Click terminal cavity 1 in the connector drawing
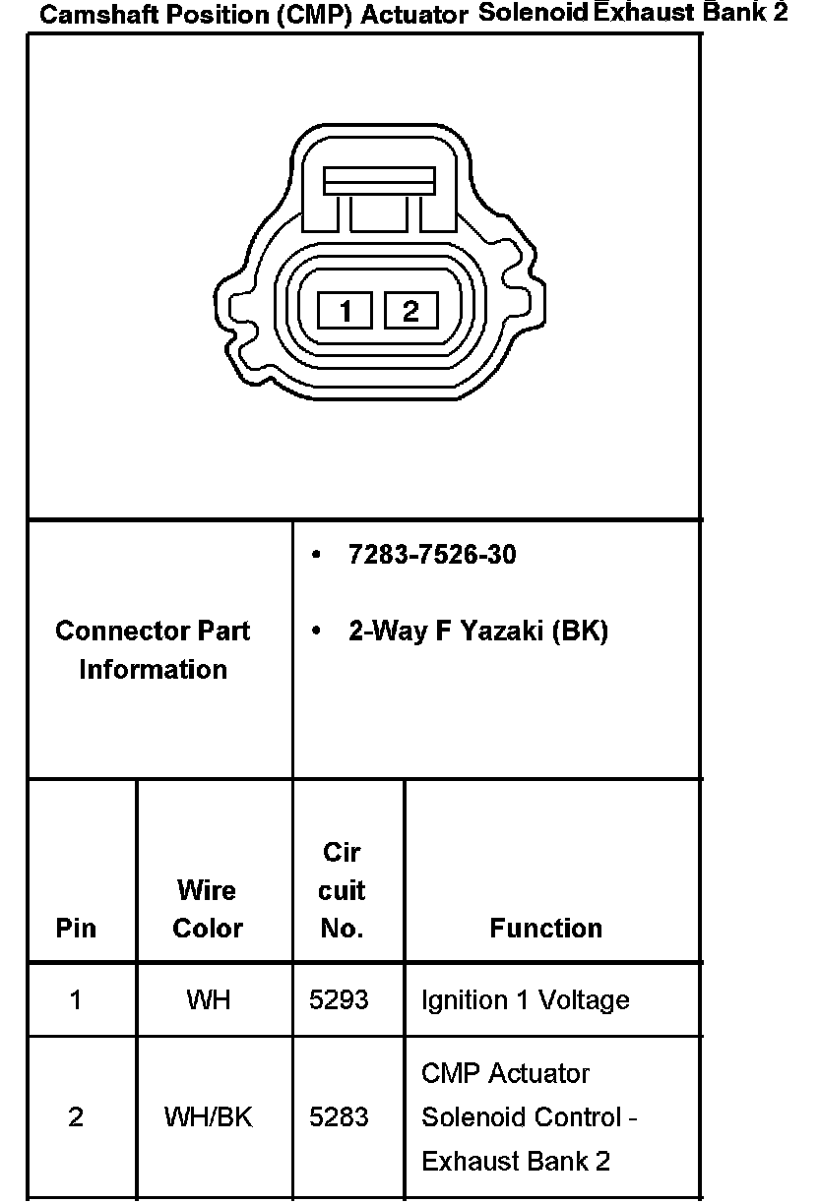pyautogui.click(x=345, y=310)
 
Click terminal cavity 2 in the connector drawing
pyautogui.click(x=411, y=310)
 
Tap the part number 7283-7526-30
pyautogui.click(x=432, y=554)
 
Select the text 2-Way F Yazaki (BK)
pyautogui.click(x=478, y=632)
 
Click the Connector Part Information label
pyautogui.click(x=153, y=650)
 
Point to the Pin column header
pyautogui.click(x=76, y=928)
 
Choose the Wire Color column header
pyautogui.click(x=208, y=909)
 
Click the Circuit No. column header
pyautogui.click(x=342, y=889)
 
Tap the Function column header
pyautogui.click(x=545, y=928)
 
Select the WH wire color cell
pyautogui.click(x=208, y=1000)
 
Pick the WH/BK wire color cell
pyautogui.click(x=208, y=1116)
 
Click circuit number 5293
pyautogui.click(x=339, y=1000)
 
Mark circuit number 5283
pyautogui.click(x=339, y=1116)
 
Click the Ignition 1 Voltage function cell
pyautogui.click(x=526, y=1000)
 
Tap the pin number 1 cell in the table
pyautogui.click(x=76, y=1000)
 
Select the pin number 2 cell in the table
pyautogui.click(x=76, y=1116)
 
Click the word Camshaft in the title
pyautogui.click(x=99, y=15)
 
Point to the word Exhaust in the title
pyautogui.click(x=643, y=12)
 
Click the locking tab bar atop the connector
pyautogui.click(x=379, y=181)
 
